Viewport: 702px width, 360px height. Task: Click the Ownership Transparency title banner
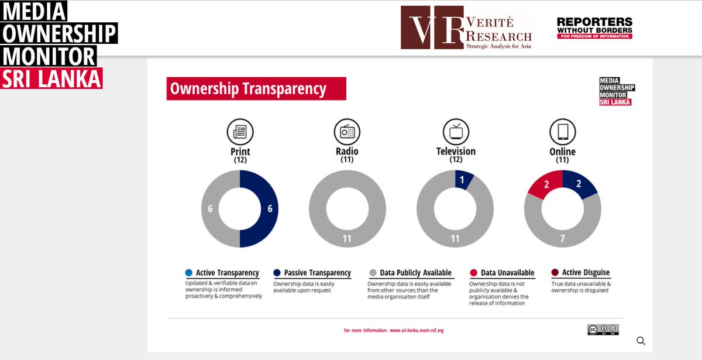pyautogui.click(x=256, y=89)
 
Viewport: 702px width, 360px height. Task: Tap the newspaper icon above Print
pyautogui.click(x=240, y=131)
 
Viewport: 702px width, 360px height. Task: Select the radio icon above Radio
pyautogui.click(x=347, y=131)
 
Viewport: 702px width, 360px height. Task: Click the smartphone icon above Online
pyautogui.click(x=562, y=131)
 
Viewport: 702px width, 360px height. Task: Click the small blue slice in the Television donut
pyautogui.click(x=463, y=180)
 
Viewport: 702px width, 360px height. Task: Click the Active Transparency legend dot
pyautogui.click(x=188, y=273)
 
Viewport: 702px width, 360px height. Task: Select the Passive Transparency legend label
pyautogui.click(x=317, y=273)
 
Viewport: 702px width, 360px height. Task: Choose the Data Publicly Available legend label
pyautogui.click(x=415, y=273)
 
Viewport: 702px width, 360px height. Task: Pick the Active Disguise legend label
pyautogui.click(x=586, y=273)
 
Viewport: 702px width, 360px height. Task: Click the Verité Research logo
pyautogui.click(x=466, y=28)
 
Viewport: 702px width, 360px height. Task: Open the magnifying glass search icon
pyautogui.click(x=641, y=341)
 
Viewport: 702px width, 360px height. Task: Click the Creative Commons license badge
pyautogui.click(x=603, y=330)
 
